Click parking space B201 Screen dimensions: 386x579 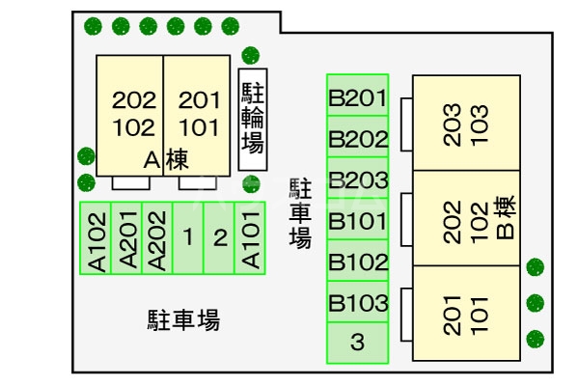pos(357,96)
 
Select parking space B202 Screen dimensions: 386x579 pos(357,138)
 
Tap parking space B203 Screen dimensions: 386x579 pos(357,179)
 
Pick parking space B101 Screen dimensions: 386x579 pos(357,221)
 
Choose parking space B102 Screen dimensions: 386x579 pos(357,262)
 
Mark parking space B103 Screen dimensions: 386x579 pos(357,304)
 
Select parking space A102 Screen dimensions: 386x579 pos(96,238)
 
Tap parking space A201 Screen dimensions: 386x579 pos(126,238)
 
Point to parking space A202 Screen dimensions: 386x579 pos(157,238)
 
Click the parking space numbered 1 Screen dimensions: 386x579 pos(188,238)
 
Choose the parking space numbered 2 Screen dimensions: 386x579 pos(219,238)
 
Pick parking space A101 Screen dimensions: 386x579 pos(250,238)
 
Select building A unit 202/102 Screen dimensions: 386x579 pos(128,114)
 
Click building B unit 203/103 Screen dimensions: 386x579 pos(467,123)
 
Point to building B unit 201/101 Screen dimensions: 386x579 pos(467,313)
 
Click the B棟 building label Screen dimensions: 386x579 pos(506,219)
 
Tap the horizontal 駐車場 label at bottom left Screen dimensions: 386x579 pos(183,319)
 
